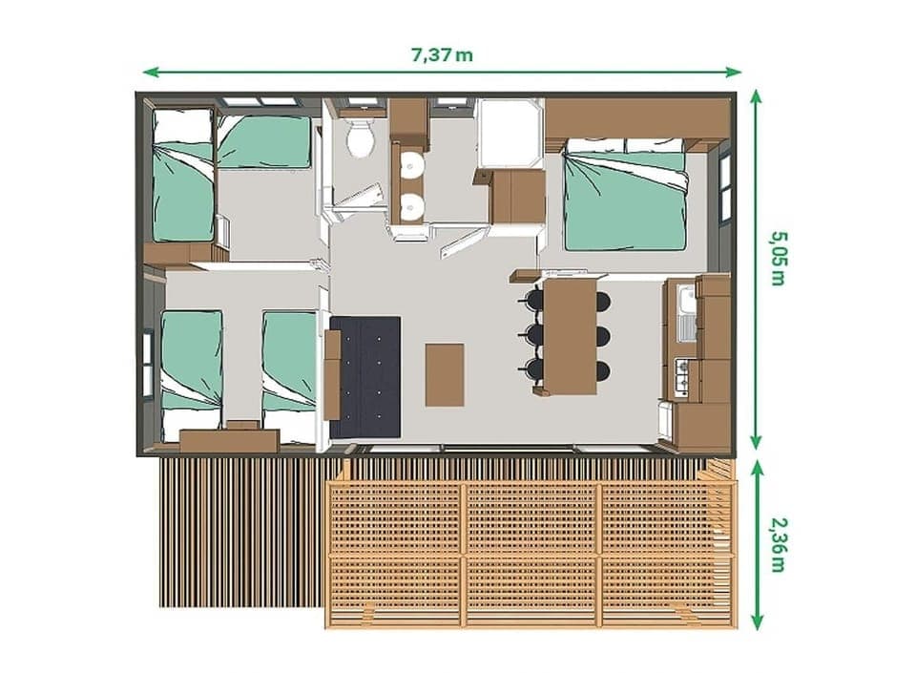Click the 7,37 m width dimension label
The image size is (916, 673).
click(441, 54)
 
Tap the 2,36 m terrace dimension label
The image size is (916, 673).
click(777, 545)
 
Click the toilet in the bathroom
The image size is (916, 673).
click(361, 139)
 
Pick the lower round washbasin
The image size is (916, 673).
click(411, 205)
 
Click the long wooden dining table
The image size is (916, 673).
click(570, 333)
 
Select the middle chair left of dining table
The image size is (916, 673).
click(535, 334)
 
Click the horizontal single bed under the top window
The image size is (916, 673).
click(264, 141)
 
